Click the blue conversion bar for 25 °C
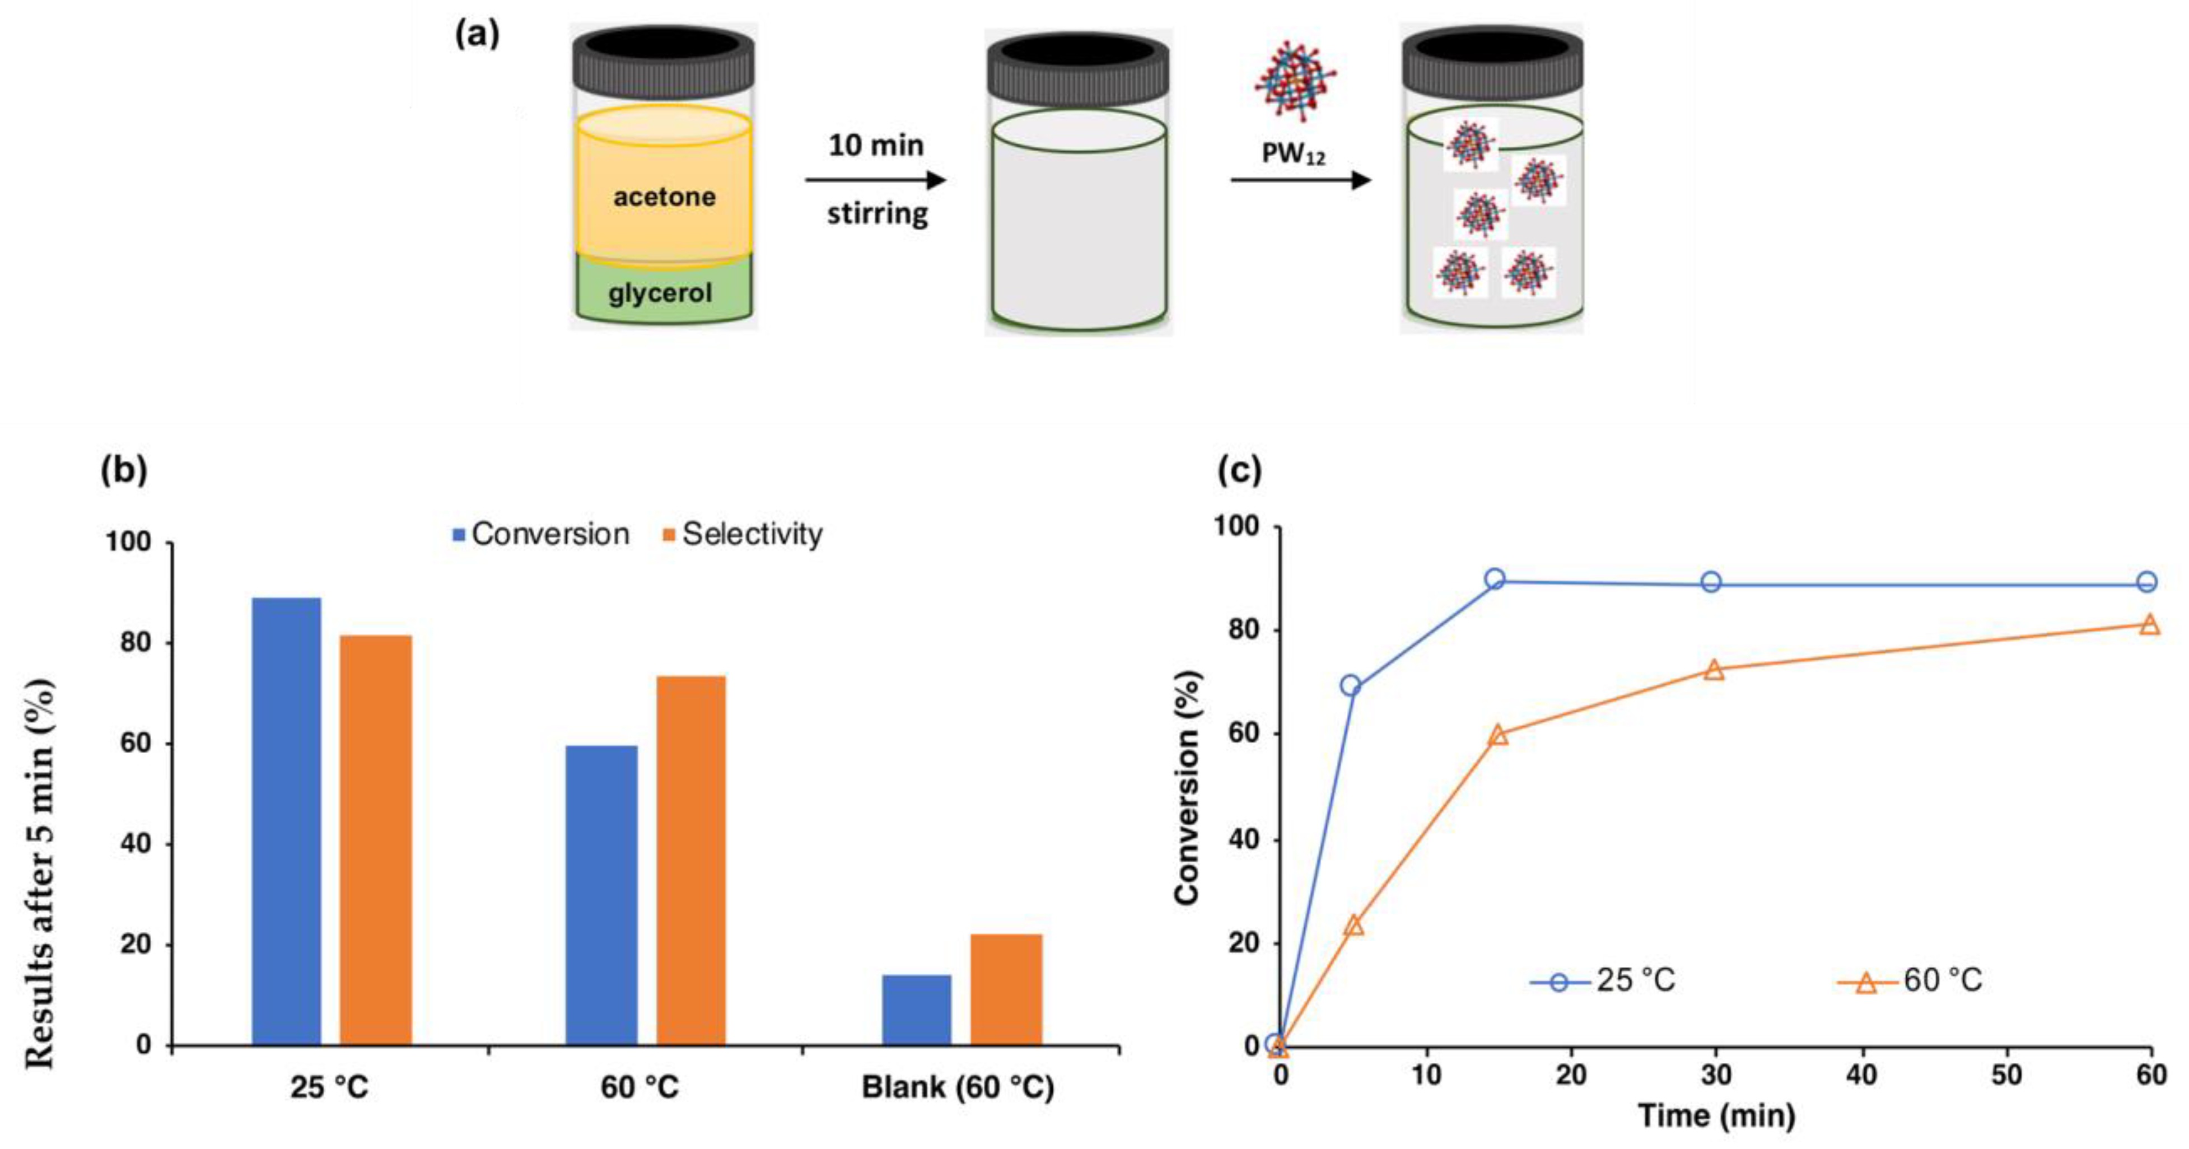point(286,821)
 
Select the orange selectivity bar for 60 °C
point(691,860)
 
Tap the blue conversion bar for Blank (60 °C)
point(916,1010)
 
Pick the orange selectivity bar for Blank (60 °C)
point(1006,989)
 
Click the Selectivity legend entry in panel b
point(742,534)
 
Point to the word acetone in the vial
point(665,197)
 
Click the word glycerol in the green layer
point(660,293)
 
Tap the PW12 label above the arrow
point(1292,154)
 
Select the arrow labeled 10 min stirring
point(875,180)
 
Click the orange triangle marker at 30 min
point(1714,670)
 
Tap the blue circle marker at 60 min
point(2146,582)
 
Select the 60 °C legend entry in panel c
point(1912,980)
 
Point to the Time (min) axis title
point(1716,1115)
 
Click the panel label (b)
point(124,470)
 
